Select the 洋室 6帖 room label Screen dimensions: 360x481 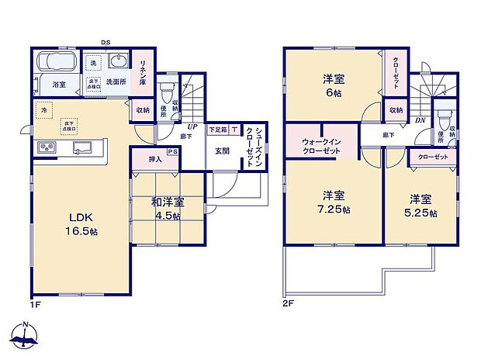point(334,85)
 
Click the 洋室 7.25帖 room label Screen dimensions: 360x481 point(334,202)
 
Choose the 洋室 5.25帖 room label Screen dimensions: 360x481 point(421,206)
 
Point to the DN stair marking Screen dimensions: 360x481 point(419,120)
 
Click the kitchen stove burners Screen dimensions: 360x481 point(45,147)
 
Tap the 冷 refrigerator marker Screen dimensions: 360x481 point(43,111)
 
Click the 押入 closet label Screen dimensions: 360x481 point(154,160)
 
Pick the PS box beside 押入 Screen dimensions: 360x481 point(172,152)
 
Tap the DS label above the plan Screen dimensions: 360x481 point(105,42)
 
